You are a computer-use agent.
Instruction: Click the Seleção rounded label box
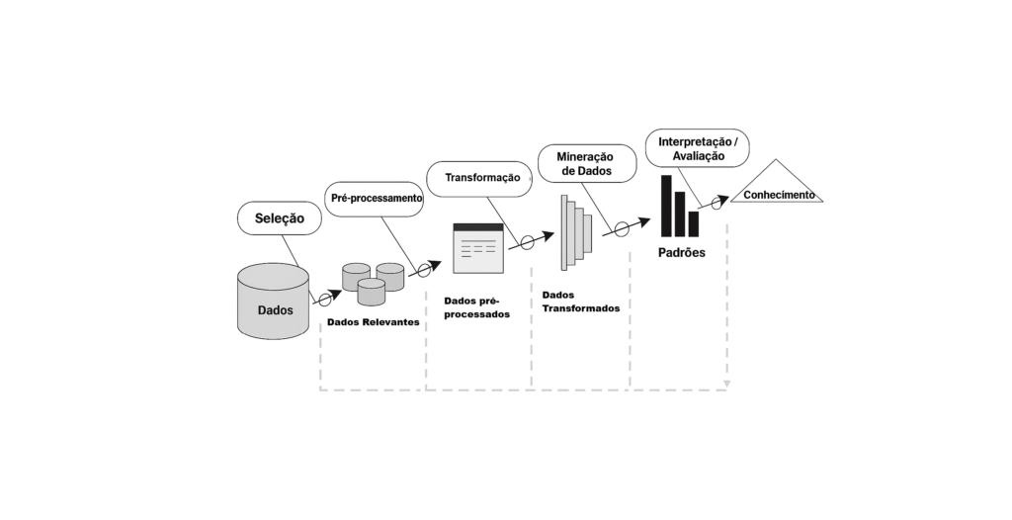point(280,218)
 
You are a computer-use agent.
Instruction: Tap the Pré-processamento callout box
point(376,198)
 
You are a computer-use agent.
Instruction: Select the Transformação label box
point(481,178)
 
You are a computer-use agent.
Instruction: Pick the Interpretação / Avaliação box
point(698,148)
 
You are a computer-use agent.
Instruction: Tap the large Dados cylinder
point(275,302)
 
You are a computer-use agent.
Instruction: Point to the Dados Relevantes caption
point(373,322)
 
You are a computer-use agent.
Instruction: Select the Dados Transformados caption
point(581,302)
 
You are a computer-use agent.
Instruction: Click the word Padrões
point(681,253)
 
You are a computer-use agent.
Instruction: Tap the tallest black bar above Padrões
point(667,206)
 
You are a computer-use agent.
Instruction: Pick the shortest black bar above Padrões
point(694,223)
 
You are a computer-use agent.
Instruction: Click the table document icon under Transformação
point(478,248)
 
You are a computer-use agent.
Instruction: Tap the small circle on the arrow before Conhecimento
point(718,205)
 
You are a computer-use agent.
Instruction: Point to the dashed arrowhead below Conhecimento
point(727,384)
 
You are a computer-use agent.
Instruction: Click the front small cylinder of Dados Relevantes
point(371,291)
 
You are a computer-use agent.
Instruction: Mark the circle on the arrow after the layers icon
point(622,229)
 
